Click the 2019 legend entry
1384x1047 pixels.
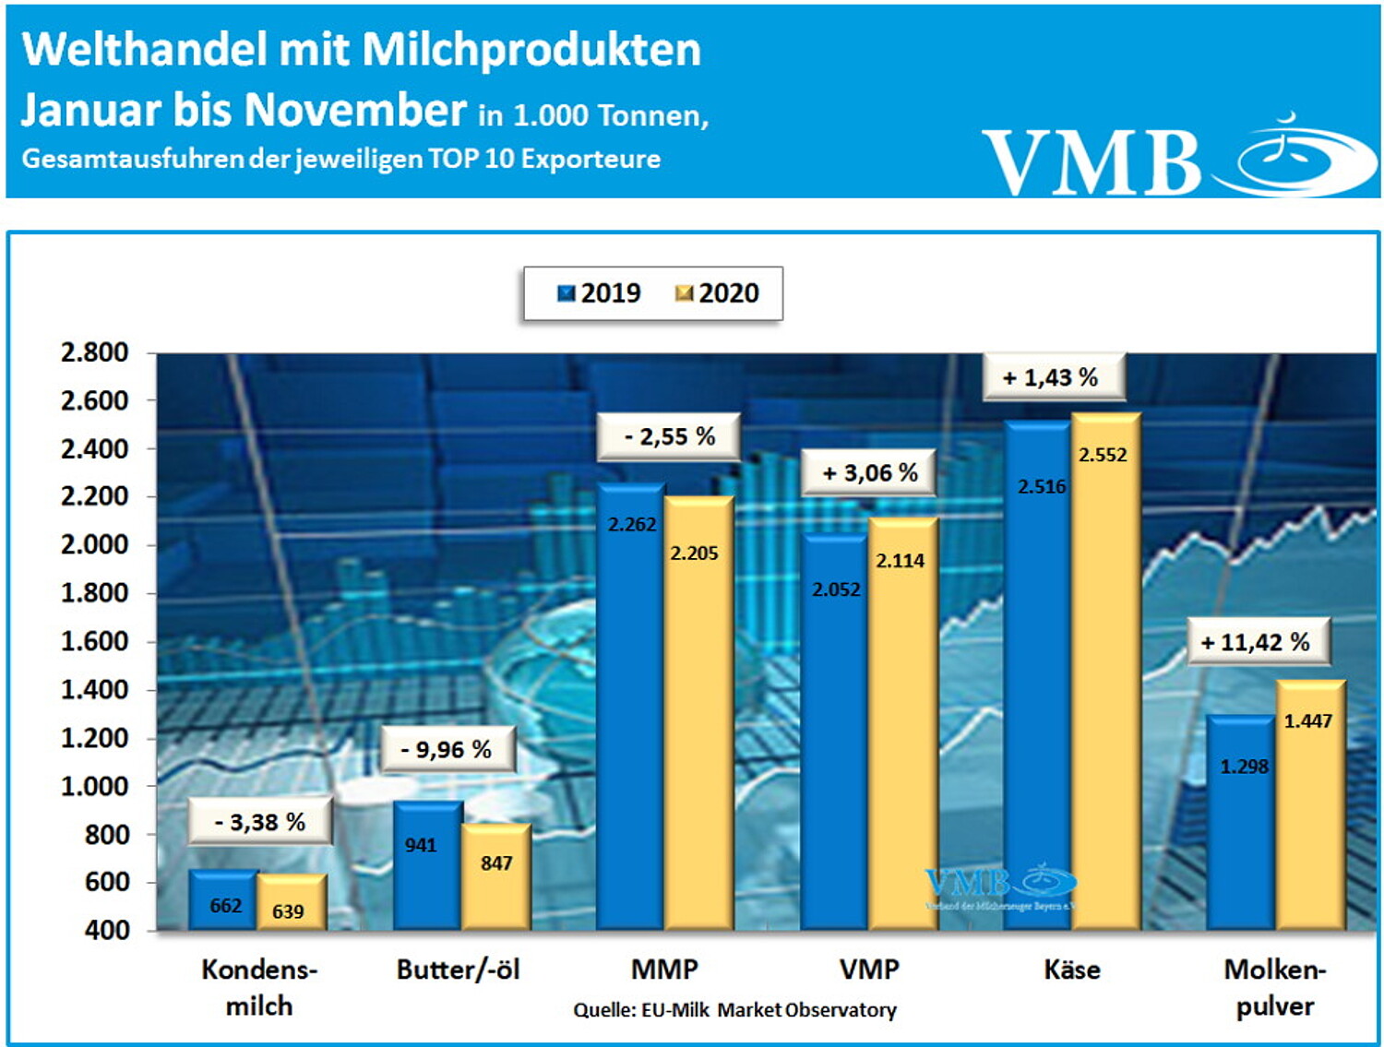click(600, 293)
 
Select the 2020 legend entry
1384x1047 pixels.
click(718, 293)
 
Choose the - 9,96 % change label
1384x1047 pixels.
click(447, 749)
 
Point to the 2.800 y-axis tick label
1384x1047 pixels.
click(94, 352)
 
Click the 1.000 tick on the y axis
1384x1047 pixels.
click(94, 786)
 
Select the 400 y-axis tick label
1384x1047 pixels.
click(106, 930)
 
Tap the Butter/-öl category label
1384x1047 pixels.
click(459, 970)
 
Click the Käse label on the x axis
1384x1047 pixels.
click(1072, 970)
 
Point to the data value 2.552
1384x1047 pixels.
click(1103, 455)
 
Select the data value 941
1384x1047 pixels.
click(421, 845)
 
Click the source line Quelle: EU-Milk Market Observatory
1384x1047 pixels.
click(734, 1010)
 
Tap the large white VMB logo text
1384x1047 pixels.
click(1091, 161)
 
